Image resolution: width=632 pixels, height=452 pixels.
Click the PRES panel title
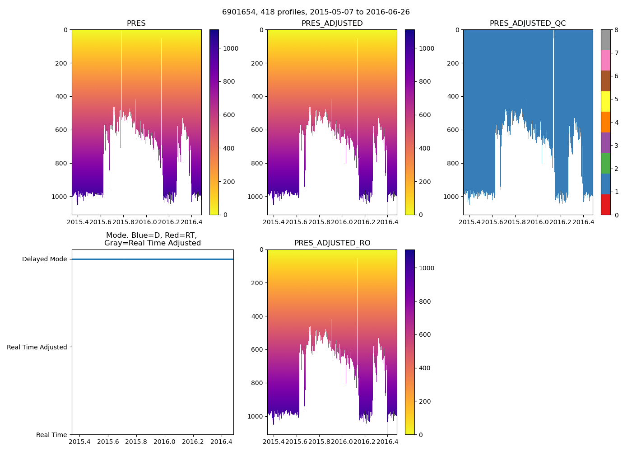coord(136,24)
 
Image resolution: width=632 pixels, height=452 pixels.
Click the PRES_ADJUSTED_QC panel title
coord(527,24)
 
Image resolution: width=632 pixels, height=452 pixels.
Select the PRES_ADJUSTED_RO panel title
coord(332,243)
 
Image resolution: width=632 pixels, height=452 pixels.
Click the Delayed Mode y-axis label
coord(44,259)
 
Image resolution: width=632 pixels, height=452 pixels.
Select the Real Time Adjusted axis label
coord(37,347)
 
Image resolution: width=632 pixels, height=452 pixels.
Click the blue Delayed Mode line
coord(153,259)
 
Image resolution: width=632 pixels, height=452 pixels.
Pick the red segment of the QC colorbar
coord(605,204)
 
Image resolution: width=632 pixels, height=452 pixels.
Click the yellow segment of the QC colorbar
coord(605,101)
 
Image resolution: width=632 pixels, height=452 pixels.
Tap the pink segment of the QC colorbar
coord(605,60)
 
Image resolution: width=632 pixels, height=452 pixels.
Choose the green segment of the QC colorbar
coord(605,163)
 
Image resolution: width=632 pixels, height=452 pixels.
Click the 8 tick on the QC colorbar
coord(616,30)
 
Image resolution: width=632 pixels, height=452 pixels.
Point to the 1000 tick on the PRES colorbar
coord(230,48)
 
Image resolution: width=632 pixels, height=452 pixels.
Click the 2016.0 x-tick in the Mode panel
coord(165,442)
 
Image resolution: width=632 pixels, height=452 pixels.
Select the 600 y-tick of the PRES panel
coord(62,130)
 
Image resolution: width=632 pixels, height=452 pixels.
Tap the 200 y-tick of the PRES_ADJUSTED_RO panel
coord(257,283)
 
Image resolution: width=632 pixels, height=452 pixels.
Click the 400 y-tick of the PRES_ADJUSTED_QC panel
coord(453,96)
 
